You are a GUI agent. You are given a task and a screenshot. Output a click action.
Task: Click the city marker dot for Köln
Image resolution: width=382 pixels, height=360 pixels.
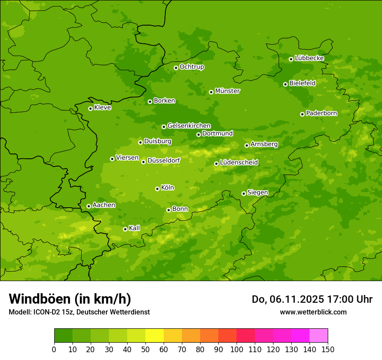tap(157, 189)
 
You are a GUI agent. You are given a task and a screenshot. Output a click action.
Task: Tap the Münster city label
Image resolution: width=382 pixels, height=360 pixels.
tap(227, 91)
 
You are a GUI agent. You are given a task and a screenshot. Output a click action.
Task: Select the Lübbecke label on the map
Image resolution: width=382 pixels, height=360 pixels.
tap(309, 58)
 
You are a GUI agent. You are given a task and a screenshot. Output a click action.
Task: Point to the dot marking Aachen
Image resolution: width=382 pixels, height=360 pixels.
tap(89, 206)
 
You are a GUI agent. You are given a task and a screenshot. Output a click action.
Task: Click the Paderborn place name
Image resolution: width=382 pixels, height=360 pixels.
tap(321, 113)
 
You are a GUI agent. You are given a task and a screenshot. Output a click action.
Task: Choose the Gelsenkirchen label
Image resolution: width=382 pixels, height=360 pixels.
tap(189, 126)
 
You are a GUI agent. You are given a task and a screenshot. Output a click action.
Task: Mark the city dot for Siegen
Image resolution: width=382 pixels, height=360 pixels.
tap(244, 193)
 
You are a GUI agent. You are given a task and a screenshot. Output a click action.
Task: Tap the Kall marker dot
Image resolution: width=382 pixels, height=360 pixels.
tap(125, 229)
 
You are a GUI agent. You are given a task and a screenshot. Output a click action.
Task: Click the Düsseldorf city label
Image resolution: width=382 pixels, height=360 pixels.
tap(163, 160)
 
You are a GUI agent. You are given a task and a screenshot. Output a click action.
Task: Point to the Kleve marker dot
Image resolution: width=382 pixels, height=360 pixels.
tap(90, 108)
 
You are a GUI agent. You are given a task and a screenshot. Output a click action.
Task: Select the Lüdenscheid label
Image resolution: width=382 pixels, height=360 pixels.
tap(239, 163)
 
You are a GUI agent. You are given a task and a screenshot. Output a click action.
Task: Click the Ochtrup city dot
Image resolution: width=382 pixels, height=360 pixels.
tap(176, 68)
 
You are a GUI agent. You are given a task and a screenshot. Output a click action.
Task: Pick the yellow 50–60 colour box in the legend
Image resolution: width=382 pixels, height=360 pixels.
tap(155, 336)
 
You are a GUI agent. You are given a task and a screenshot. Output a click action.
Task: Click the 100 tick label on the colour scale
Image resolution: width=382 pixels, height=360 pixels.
tap(237, 349)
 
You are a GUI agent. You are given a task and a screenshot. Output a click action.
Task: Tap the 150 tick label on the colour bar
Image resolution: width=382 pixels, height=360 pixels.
tap(328, 349)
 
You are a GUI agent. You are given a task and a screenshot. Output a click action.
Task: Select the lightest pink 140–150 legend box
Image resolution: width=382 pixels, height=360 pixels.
tap(319, 336)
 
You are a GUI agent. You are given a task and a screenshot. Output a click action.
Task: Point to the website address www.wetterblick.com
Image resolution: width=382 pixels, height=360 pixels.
tap(313, 312)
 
